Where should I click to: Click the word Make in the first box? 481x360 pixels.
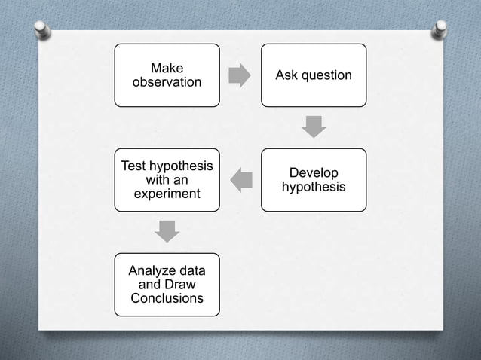tap(167, 69)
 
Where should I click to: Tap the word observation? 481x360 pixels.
tap(167, 81)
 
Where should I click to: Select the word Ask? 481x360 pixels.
tap(286, 75)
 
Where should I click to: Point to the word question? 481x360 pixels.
tap(325, 75)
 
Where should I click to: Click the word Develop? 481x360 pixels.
tap(314, 173)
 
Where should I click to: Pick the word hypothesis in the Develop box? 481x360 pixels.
tap(314, 186)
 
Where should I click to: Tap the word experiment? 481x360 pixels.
tap(167, 194)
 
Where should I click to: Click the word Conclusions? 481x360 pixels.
tap(167, 298)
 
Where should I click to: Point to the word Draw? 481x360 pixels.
tap(180, 285)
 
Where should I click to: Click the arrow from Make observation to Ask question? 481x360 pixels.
tap(240, 75)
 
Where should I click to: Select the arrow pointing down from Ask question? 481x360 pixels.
tap(314, 127)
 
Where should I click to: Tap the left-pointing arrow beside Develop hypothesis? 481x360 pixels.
tap(241, 180)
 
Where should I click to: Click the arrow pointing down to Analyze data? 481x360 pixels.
tap(167, 230)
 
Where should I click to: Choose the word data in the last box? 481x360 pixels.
tap(191, 271)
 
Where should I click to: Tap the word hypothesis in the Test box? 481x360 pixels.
tap(180, 166)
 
